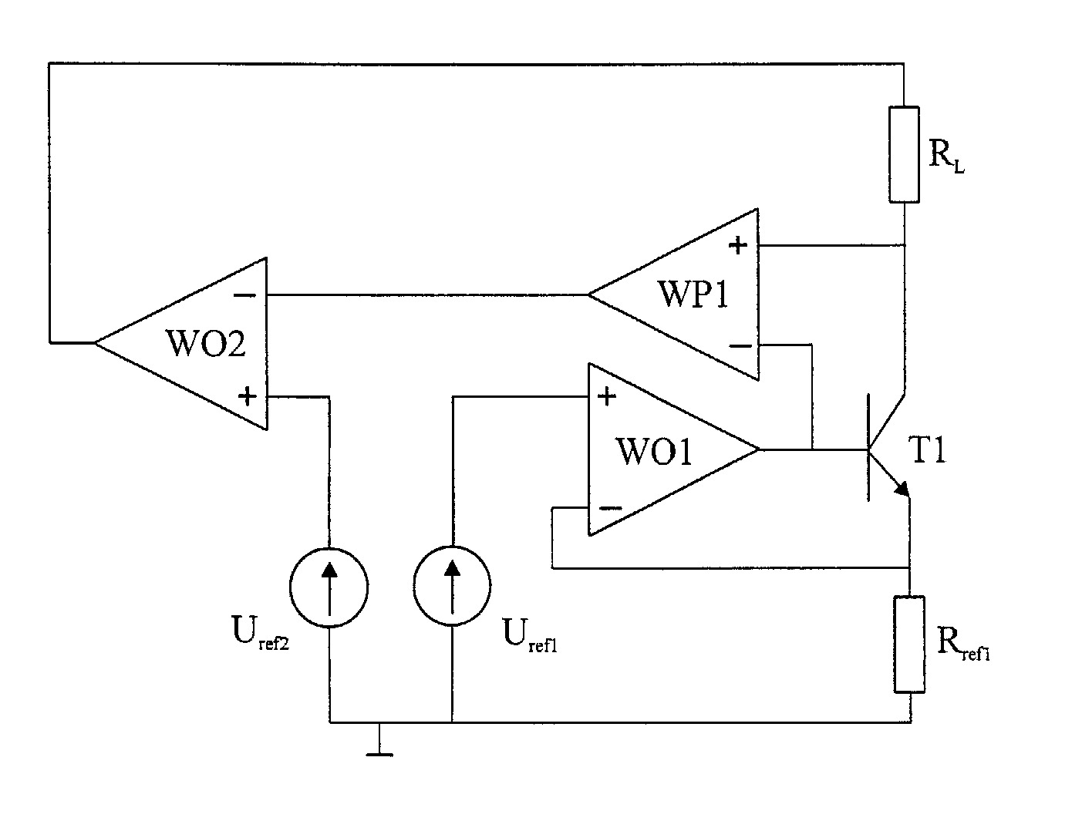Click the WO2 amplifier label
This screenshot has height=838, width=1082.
click(x=206, y=343)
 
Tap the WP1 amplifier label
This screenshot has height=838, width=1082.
click(x=693, y=294)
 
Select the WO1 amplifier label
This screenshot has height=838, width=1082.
click(x=654, y=451)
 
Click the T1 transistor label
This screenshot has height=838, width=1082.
click(x=927, y=449)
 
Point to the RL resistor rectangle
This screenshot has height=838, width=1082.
click(x=905, y=154)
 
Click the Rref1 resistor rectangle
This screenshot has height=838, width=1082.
click(x=909, y=644)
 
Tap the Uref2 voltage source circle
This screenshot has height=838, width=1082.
click(x=329, y=587)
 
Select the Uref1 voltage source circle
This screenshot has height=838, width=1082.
click(x=452, y=586)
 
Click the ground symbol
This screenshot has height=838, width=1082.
click(x=379, y=740)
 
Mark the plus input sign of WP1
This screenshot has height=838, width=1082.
click(x=738, y=245)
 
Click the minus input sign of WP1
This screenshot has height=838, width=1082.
click(x=740, y=346)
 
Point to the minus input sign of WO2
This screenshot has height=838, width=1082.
click(x=244, y=295)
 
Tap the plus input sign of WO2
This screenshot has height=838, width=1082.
click(x=248, y=396)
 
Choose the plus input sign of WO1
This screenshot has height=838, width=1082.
click(x=606, y=396)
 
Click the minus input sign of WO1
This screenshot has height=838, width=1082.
click(x=611, y=508)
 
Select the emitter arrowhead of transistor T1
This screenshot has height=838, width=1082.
click(x=902, y=488)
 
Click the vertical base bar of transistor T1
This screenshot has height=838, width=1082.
click(x=869, y=447)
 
